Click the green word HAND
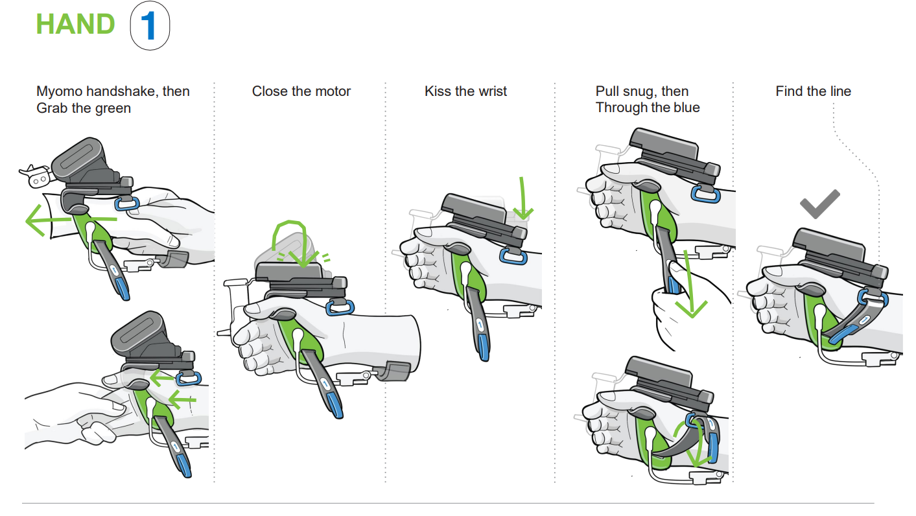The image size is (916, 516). [75, 25]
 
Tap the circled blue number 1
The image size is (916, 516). [150, 27]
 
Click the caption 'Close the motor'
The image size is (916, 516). [301, 91]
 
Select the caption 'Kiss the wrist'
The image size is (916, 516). [465, 91]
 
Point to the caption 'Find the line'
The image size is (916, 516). [813, 91]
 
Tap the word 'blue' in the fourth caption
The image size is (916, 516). [686, 108]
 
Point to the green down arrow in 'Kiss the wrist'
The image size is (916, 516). [523, 197]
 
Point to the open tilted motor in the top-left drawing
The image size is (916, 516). [81, 159]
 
